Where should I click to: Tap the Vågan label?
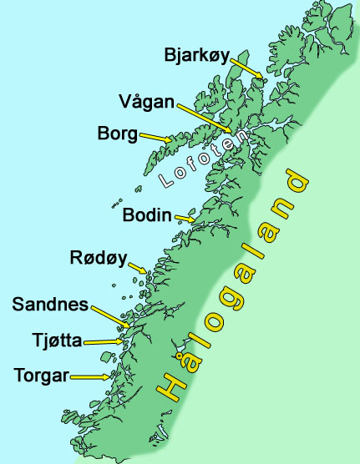(x=147, y=103)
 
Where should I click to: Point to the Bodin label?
(x=147, y=214)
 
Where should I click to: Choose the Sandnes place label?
(x=50, y=305)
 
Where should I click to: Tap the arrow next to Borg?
(x=157, y=137)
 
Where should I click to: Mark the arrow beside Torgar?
(x=90, y=376)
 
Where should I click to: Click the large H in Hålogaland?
(x=172, y=386)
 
